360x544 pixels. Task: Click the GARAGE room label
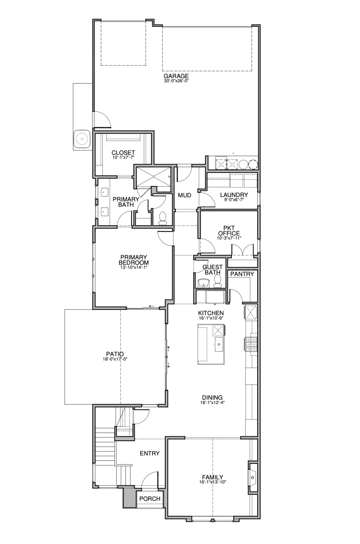click(x=176, y=76)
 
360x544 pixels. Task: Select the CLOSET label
click(x=123, y=153)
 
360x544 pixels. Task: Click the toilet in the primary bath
click(x=162, y=218)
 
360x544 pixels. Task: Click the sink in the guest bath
click(x=203, y=283)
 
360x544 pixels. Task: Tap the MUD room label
click(x=185, y=195)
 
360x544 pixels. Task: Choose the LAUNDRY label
click(x=234, y=194)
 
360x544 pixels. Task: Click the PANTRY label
click(x=242, y=274)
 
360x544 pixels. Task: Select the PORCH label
click(x=150, y=499)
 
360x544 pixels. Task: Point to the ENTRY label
click(x=150, y=453)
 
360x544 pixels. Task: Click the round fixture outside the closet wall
click(x=82, y=139)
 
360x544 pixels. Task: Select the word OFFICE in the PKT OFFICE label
click(x=229, y=233)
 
